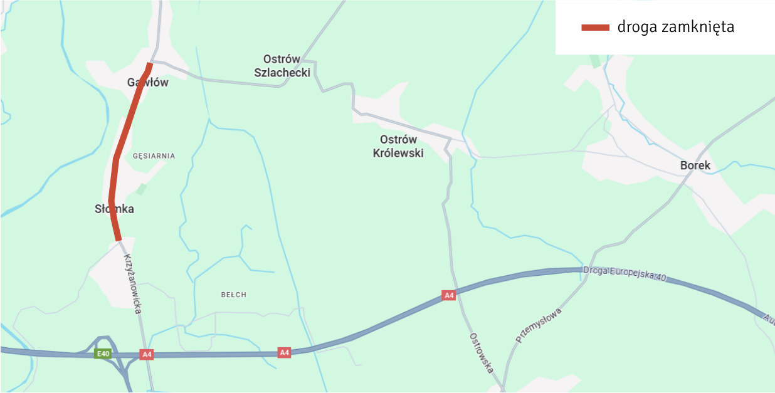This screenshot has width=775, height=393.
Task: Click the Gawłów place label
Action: [x=148, y=82]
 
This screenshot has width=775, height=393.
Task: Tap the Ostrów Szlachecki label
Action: [x=282, y=66]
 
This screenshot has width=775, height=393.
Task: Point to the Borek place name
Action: [x=695, y=165]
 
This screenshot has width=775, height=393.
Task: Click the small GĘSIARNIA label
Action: [x=154, y=155]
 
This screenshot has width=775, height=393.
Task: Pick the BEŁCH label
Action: [x=234, y=295]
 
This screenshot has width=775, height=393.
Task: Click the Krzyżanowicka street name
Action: [x=132, y=283]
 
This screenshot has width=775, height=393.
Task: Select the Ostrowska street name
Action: [x=481, y=353]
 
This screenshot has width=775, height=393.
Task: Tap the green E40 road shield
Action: [x=103, y=354]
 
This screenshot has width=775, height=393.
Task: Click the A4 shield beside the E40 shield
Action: [x=147, y=355]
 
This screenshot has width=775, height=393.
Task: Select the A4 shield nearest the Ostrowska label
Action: [x=448, y=295]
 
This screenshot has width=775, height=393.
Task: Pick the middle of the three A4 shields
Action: [x=285, y=353]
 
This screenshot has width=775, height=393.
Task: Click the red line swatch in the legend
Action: [x=595, y=27]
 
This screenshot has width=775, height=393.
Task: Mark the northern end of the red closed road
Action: [x=149, y=64]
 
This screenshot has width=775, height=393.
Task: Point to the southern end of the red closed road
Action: [x=118, y=239]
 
